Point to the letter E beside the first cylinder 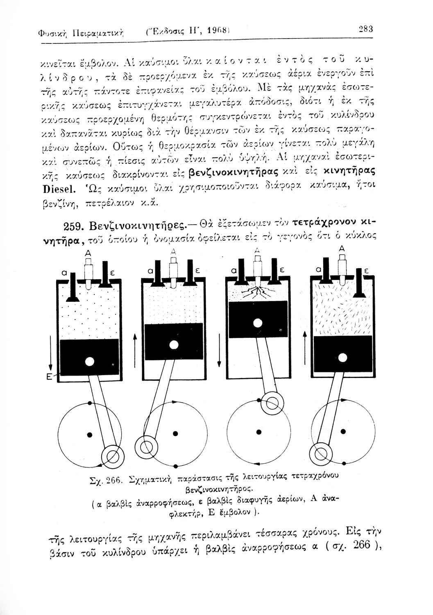pos(48,378)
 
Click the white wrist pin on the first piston pos(89,361)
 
